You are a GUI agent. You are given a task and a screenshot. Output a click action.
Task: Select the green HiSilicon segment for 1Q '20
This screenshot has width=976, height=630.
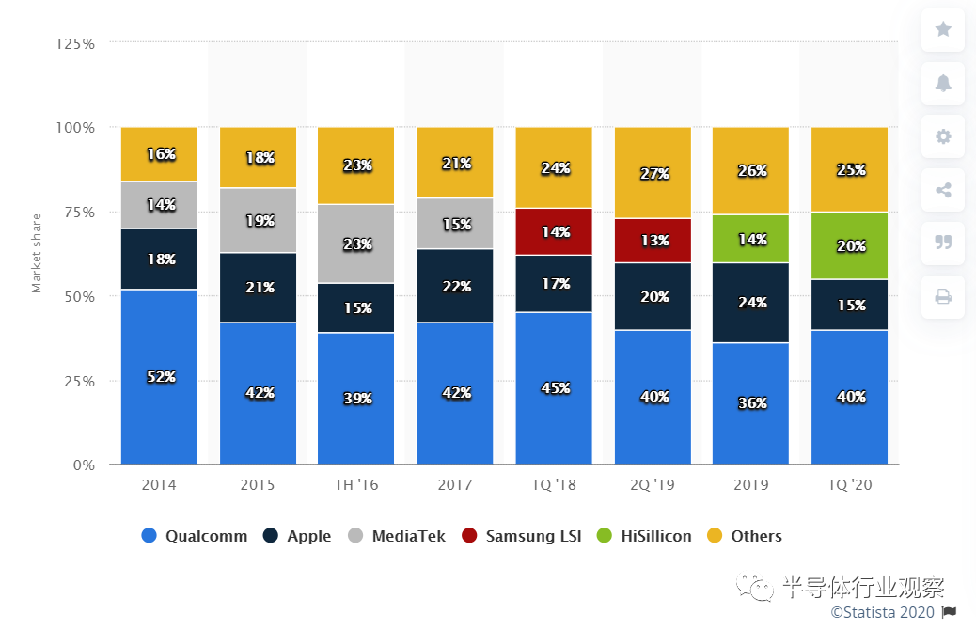(849, 245)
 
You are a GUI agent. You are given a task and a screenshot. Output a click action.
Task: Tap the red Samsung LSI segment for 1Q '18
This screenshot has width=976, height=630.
(554, 231)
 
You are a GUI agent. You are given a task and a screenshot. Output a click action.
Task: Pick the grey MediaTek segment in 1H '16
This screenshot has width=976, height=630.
(356, 244)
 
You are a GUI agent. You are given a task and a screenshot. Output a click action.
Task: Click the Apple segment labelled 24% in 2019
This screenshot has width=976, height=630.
(750, 303)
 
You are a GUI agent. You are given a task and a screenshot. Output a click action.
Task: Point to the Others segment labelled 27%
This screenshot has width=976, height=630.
(653, 173)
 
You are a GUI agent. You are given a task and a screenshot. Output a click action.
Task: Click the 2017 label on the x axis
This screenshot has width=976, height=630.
(454, 485)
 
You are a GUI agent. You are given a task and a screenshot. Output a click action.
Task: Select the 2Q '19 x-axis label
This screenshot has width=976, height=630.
(652, 485)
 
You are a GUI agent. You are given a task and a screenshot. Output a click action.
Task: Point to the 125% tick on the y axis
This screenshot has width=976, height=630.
(74, 43)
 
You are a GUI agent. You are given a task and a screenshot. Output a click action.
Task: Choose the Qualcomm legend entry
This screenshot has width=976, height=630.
(195, 536)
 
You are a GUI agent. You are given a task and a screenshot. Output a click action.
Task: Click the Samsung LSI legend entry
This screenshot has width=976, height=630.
(522, 536)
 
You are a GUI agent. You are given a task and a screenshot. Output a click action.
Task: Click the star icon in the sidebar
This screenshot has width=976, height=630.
(943, 29)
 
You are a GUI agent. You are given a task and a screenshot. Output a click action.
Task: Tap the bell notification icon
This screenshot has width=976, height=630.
(943, 83)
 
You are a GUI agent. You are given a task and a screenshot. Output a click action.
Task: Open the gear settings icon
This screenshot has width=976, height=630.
(943, 136)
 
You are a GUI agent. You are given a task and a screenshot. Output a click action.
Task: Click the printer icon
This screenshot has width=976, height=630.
(943, 297)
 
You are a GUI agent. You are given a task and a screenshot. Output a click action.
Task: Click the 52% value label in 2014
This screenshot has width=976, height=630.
(160, 377)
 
